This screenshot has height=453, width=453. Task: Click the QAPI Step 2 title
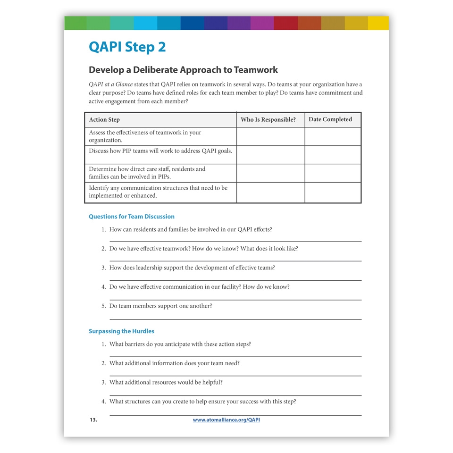pyautogui.click(x=127, y=47)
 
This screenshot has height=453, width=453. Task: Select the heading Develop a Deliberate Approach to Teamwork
pyautogui.click(x=183, y=70)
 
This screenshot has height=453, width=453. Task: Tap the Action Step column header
pyautogui.click(x=104, y=120)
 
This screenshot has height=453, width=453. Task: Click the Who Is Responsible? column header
pyautogui.click(x=268, y=120)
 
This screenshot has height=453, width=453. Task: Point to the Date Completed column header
pyautogui.click(x=330, y=119)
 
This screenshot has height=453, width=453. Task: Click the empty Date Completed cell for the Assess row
pyautogui.click(x=333, y=136)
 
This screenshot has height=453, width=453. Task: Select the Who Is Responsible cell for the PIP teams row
pyautogui.click(x=270, y=155)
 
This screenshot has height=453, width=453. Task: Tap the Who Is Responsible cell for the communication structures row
pyautogui.click(x=270, y=193)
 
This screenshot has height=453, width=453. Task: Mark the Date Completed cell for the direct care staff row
pyautogui.click(x=333, y=173)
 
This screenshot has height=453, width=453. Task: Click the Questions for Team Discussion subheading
pyautogui.click(x=132, y=217)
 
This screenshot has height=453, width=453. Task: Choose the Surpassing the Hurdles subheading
pyautogui.click(x=121, y=331)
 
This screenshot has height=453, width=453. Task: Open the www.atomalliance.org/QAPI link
pyautogui.click(x=226, y=420)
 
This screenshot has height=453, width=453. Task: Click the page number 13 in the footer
pyautogui.click(x=93, y=420)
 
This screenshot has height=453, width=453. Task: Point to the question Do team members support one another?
pyautogui.click(x=160, y=306)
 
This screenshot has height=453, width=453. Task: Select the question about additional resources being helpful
pyautogui.click(x=166, y=382)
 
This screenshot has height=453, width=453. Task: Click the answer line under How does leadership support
pyautogui.click(x=235, y=280)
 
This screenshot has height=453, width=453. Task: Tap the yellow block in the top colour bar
pyautogui.click(x=378, y=23)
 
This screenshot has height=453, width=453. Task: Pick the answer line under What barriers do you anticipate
pyautogui.click(x=235, y=356)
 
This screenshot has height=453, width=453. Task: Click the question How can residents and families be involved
pyautogui.click(x=191, y=229)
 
